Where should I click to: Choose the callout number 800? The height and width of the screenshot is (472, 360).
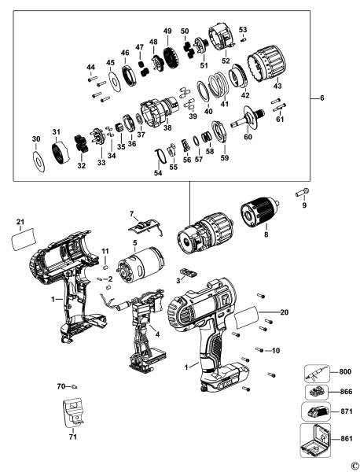click(x=337, y=374)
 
